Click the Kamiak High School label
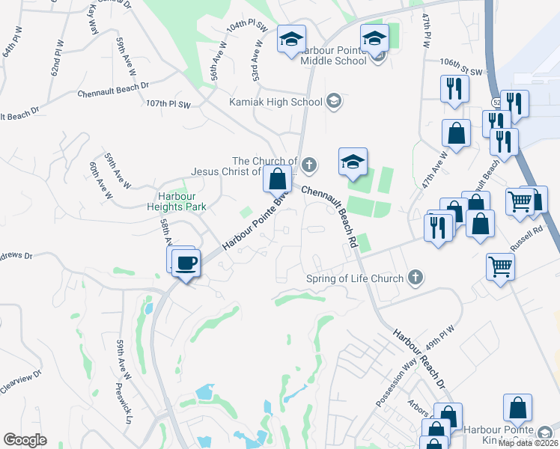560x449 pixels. [x=276, y=102]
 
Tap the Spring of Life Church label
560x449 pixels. [x=355, y=279]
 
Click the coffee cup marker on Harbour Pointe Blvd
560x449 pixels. [x=186, y=263]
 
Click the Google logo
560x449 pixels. [x=25, y=440]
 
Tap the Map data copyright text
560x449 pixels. [x=528, y=442]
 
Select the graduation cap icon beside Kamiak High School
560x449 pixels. [x=334, y=102]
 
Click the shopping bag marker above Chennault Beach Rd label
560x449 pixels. [x=277, y=180]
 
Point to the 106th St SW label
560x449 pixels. [x=464, y=71]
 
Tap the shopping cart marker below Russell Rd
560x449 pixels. [x=500, y=266]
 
